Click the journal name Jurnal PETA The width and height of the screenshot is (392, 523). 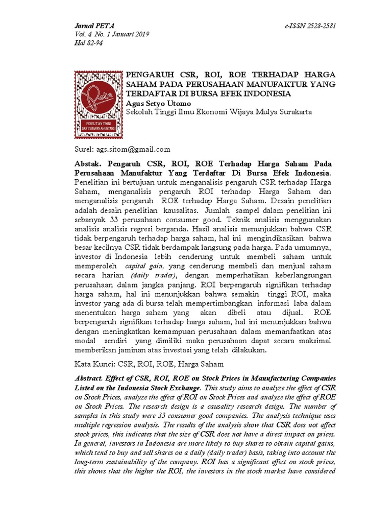click(94, 25)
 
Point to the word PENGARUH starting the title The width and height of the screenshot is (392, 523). click(149, 75)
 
